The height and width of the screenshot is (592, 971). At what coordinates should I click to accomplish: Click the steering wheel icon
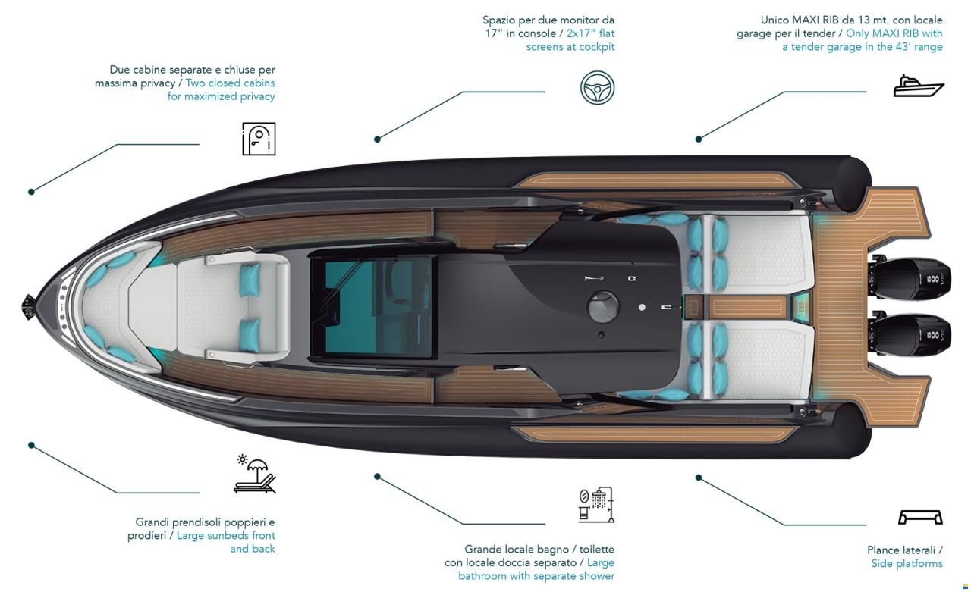click(597, 87)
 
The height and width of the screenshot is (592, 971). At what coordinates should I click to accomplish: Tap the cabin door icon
click(259, 139)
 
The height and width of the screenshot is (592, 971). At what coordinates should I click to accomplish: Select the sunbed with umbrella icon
click(254, 474)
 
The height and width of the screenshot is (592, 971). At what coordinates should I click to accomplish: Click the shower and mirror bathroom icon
click(596, 505)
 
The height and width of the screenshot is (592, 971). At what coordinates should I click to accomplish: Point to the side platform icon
click(920, 517)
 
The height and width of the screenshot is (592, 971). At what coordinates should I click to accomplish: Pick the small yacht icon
click(919, 86)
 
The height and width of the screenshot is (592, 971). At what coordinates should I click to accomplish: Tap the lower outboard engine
click(910, 335)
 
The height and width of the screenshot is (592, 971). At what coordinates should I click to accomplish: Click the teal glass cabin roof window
click(377, 306)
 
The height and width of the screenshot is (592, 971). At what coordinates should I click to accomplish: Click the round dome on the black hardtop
click(603, 306)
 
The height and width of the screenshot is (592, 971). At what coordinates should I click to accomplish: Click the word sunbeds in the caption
click(226, 535)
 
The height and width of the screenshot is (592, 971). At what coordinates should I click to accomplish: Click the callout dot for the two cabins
click(31, 192)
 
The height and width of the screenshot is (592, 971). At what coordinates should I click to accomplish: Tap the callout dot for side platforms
click(699, 478)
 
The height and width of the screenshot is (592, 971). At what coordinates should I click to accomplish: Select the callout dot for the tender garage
click(699, 139)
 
